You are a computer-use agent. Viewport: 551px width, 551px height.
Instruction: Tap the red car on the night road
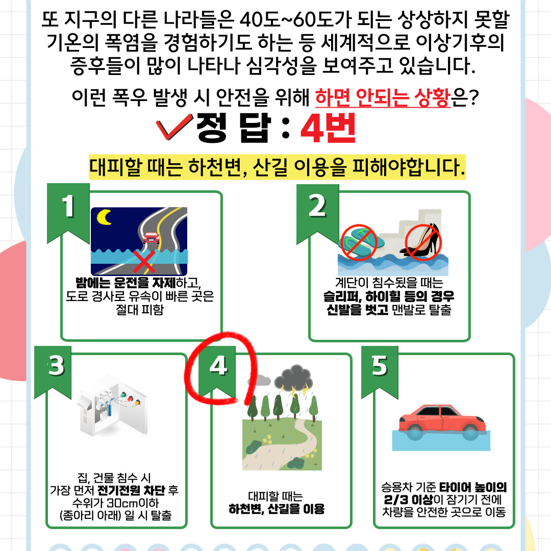(x=151, y=238)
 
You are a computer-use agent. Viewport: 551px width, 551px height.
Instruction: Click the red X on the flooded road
(x=144, y=261)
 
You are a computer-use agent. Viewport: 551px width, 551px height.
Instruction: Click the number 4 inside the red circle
(x=218, y=366)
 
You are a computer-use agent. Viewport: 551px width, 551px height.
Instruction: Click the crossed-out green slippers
(x=359, y=242)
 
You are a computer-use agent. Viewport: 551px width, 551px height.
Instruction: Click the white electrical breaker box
(x=112, y=406)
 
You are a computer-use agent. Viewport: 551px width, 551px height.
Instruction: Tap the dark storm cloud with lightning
(x=294, y=379)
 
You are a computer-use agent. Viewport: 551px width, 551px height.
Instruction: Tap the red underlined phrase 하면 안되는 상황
(x=383, y=97)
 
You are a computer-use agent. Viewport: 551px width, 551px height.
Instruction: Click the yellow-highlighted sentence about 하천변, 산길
(x=277, y=167)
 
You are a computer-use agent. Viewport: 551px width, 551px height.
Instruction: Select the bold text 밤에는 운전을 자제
(x=126, y=283)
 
